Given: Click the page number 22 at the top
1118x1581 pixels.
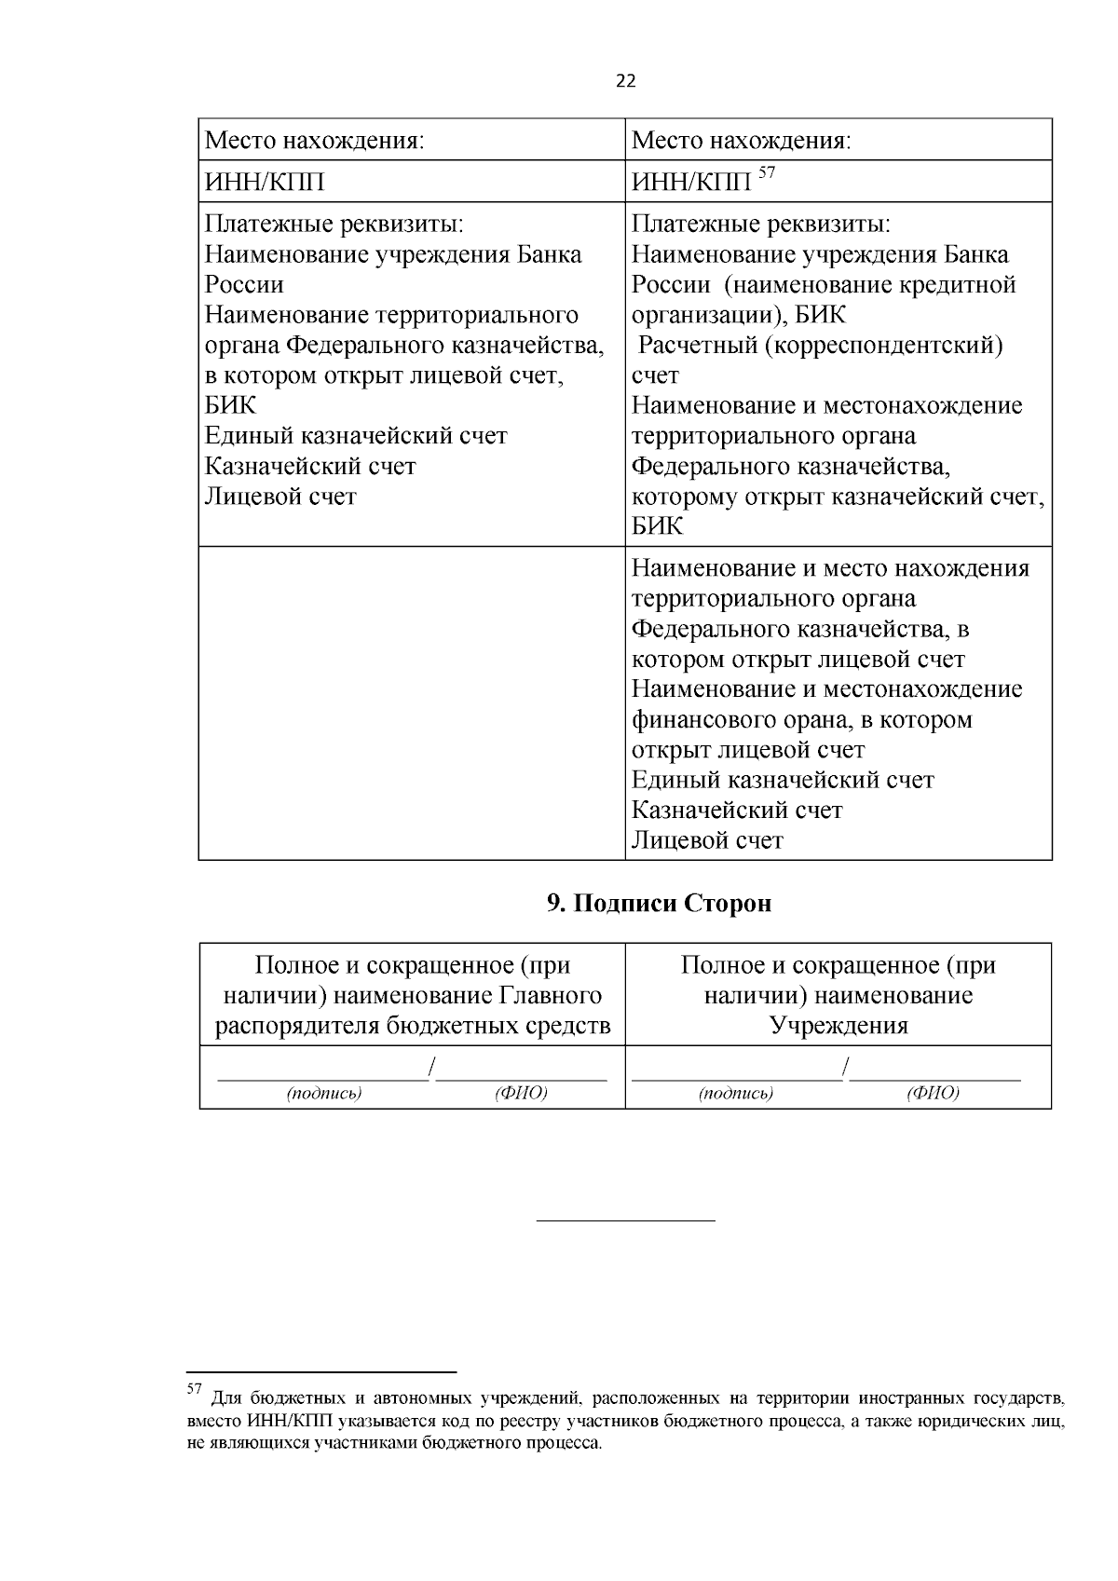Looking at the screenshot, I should pos(625,81).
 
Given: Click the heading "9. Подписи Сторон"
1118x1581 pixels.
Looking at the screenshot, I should pos(659,903).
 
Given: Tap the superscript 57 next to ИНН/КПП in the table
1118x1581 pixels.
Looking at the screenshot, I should pos(766,172).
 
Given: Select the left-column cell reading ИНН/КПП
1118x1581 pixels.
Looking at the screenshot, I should pos(265,183).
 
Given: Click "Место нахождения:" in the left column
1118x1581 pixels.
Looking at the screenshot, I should pos(314,141).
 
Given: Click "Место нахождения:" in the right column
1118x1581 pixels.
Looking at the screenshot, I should pos(742,141).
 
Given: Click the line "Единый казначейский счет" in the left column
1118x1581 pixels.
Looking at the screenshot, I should pos(356,436).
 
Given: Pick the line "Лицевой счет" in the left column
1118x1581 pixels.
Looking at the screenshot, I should pos(280,497).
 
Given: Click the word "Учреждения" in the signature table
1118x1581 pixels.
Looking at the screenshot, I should pos(838,1026).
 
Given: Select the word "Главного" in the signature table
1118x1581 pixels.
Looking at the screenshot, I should pos(550,996).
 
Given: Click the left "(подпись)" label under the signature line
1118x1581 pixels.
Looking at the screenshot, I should pos(324,1093).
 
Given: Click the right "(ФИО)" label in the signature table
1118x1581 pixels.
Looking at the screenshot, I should pos(933,1093).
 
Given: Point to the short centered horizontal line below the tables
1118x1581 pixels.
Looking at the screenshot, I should pos(626,1220).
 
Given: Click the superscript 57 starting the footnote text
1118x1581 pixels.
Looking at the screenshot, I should pos(195,1389).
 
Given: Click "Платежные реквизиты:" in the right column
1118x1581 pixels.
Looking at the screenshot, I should pos(761,225).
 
